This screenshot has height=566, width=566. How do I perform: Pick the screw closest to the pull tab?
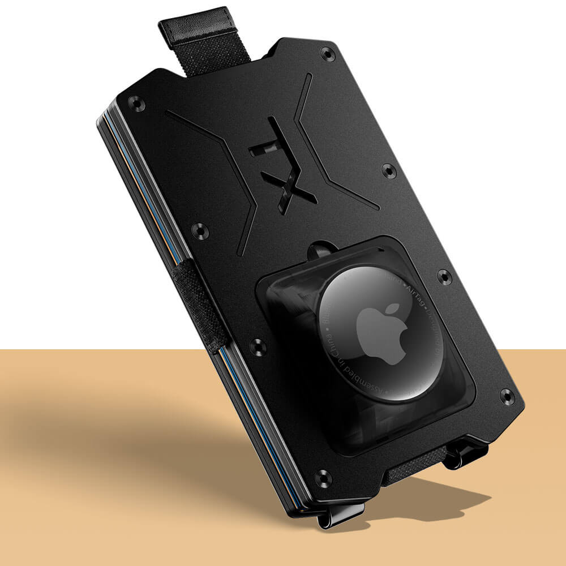[x=327, y=54]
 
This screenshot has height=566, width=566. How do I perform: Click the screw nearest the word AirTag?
[x=445, y=277]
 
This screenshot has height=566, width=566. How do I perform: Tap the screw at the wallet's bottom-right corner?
[x=507, y=396]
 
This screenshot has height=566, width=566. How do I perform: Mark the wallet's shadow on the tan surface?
[x=113, y=430]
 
